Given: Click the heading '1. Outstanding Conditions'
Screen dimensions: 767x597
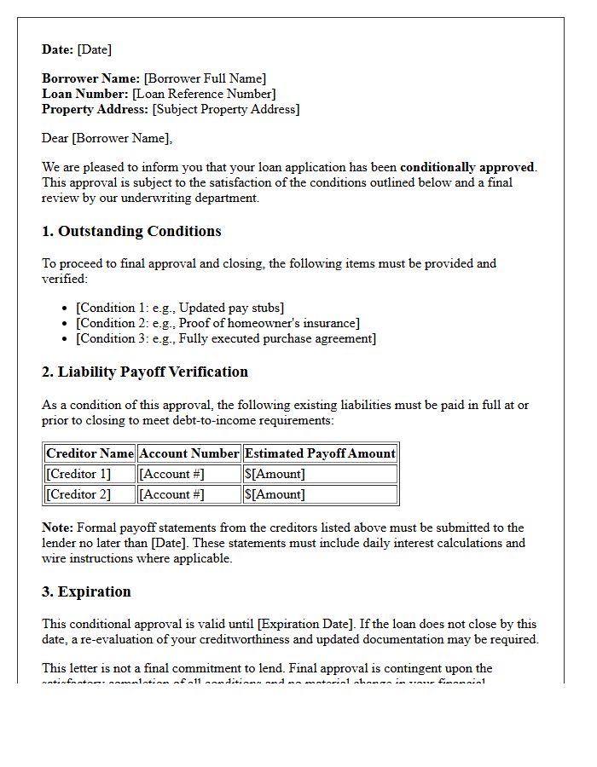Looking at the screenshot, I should pyautogui.click(x=131, y=232).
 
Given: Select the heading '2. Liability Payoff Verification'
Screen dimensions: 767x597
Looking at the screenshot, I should pyautogui.click(x=145, y=372).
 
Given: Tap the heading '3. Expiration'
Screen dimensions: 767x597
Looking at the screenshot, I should pyautogui.click(x=86, y=592).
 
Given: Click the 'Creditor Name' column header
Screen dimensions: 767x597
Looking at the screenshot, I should pyautogui.click(x=90, y=453).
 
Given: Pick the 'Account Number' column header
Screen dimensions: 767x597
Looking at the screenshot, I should pyautogui.click(x=188, y=453).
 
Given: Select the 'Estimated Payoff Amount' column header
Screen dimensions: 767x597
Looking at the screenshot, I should pyautogui.click(x=320, y=453).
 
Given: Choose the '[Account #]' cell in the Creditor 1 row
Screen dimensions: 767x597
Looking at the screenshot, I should pyautogui.click(x=171, y=474).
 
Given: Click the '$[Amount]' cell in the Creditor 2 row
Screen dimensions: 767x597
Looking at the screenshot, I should pyautogui.click(x=275, y=494).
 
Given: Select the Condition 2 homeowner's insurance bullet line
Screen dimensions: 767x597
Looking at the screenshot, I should pyautogui.click(x=217, y=323).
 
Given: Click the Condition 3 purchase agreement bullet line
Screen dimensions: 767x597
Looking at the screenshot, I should pyautogui.click(x=226, y=338).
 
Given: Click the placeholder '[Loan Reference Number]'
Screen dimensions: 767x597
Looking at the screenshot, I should pyautogui.click(x=204, y=95).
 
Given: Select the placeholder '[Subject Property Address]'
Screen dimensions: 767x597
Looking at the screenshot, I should pyautogui.click(x=226, y=110).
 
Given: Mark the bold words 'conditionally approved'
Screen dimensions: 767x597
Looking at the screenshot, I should pyautogui.click(x=467, y=167).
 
